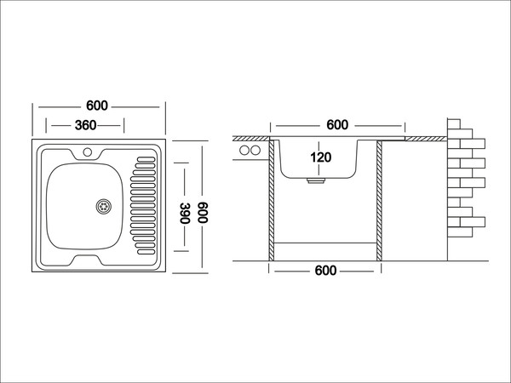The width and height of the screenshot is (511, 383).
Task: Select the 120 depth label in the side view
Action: pos(320,157)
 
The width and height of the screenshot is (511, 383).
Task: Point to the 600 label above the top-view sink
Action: pos(96,106)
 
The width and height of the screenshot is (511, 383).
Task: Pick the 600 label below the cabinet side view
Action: pos(325,271)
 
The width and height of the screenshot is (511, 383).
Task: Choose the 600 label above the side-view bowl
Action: pos(337,125)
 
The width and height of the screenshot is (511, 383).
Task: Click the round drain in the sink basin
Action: pos(103,205)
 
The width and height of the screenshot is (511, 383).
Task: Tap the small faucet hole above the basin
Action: pos(86,153)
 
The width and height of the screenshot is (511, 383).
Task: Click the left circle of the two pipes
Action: pos(244,151)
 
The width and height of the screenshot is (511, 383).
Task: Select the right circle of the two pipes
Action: pos(255,151)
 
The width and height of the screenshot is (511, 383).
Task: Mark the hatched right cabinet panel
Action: pos(378,200)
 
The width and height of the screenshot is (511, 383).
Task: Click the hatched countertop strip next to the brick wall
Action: pos(423,137)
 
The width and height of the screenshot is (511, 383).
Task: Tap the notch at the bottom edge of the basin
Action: pos(86,257)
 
